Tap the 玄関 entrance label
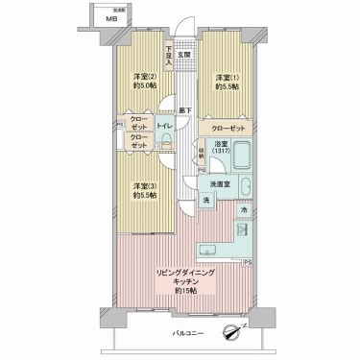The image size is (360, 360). [x=182, y=41]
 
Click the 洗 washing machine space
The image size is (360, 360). [x=205, y=200]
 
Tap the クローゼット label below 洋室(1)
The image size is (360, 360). [x=228, y=127]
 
